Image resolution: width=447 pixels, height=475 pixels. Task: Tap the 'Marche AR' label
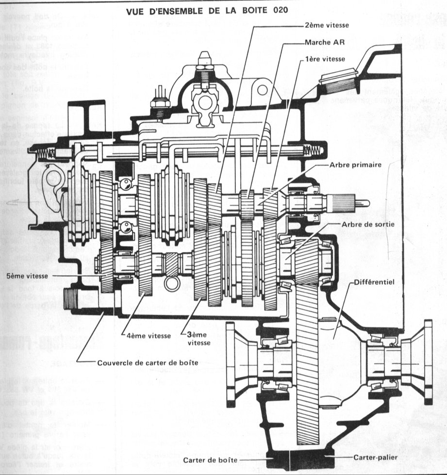(325, 42)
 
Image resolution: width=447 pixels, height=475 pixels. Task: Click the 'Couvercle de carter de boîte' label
(148, 362)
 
